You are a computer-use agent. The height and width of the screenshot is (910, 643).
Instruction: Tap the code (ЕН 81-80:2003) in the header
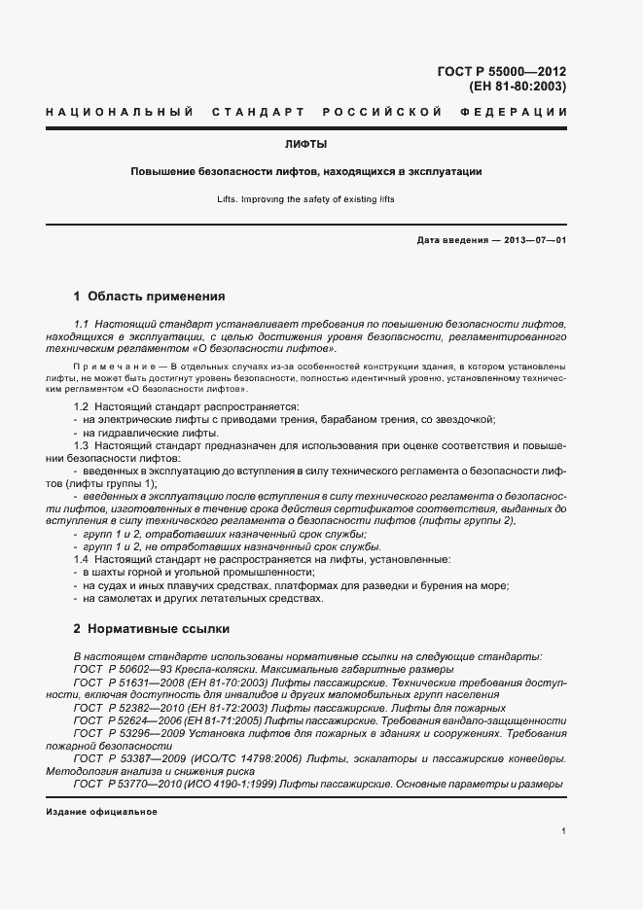click(x=518, y=87)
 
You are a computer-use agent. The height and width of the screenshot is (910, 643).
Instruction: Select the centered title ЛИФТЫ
click(x=305, y=144)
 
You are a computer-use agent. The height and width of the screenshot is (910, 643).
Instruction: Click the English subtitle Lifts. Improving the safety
click(x=306, y=199)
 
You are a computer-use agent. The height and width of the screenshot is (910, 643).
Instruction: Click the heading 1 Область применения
click(x=149, y=296)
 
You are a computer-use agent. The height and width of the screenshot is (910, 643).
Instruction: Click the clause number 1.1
click(x=82, y=322)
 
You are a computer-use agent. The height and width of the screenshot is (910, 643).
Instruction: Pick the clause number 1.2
click(x=82, y=405)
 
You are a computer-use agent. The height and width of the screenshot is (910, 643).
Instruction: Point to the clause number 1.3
click(x=82, y=444)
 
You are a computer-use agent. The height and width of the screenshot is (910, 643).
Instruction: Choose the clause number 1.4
click(x=82, y=560)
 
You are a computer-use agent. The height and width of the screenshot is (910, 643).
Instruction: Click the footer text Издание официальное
click(x=101, y=812)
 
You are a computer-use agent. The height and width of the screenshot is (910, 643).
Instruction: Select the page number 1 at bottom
click(x=563, y=831)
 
